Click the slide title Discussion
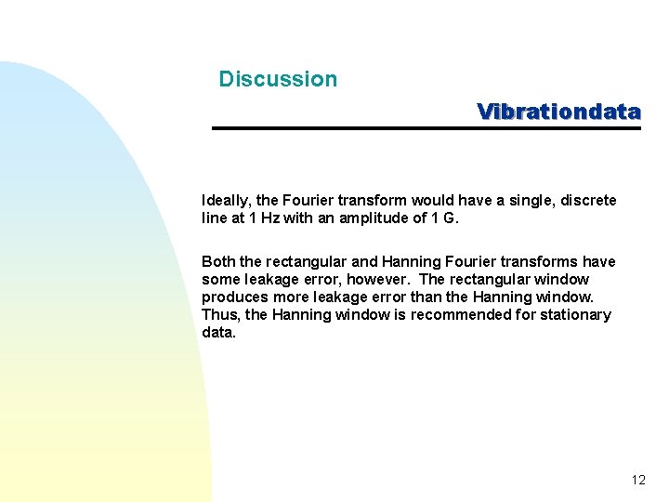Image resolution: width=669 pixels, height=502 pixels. point(278,79)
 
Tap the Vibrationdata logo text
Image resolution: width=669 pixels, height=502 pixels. point(558,112)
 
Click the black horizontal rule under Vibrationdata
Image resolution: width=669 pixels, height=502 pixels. point(426,127)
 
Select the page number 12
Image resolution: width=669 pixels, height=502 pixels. point(637,481)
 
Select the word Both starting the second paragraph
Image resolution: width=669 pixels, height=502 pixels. point(218,261)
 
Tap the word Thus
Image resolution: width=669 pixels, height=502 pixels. point(220,314)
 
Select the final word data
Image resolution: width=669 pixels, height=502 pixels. point(217,332)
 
